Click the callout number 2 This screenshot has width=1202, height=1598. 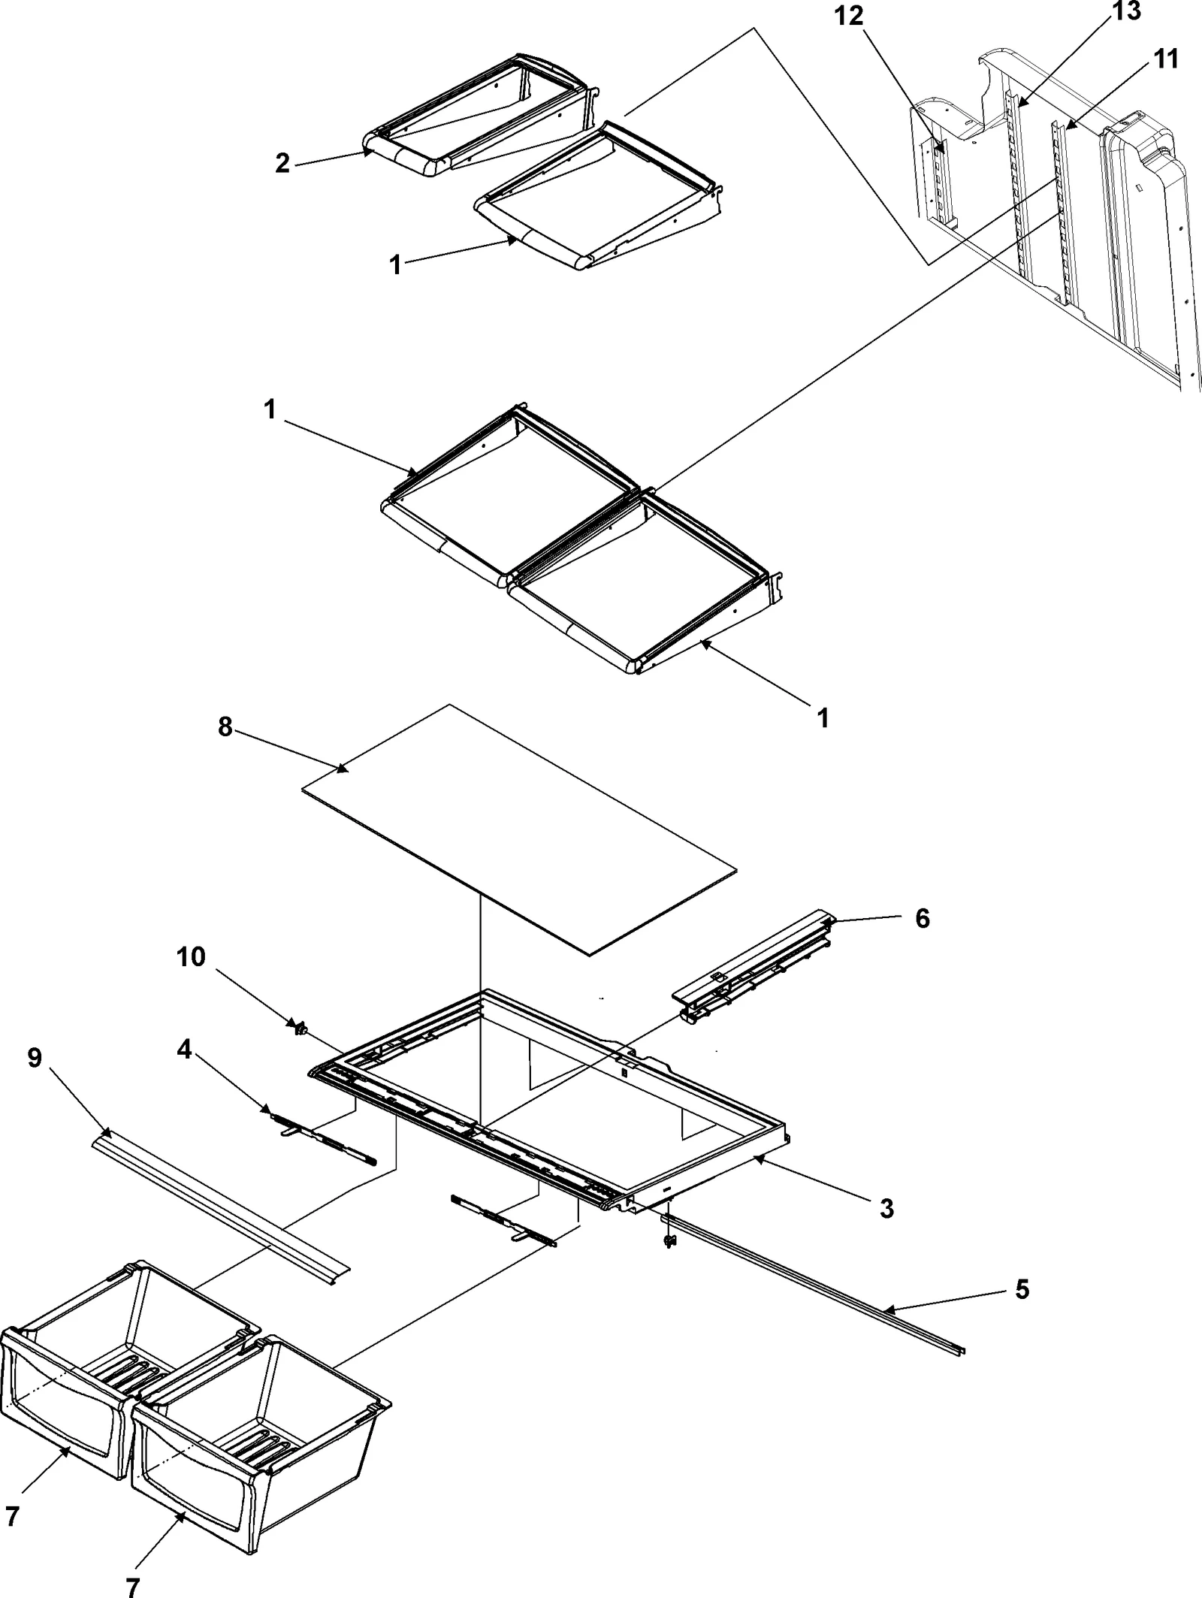282,162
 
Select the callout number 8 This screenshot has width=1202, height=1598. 225,727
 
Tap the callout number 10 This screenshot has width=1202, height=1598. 191,957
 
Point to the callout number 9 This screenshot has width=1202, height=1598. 35,1058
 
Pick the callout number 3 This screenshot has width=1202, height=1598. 886,1209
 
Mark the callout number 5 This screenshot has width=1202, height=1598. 1022,1290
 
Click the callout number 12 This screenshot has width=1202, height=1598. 850,16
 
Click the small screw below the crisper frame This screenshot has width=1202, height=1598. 667,1243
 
